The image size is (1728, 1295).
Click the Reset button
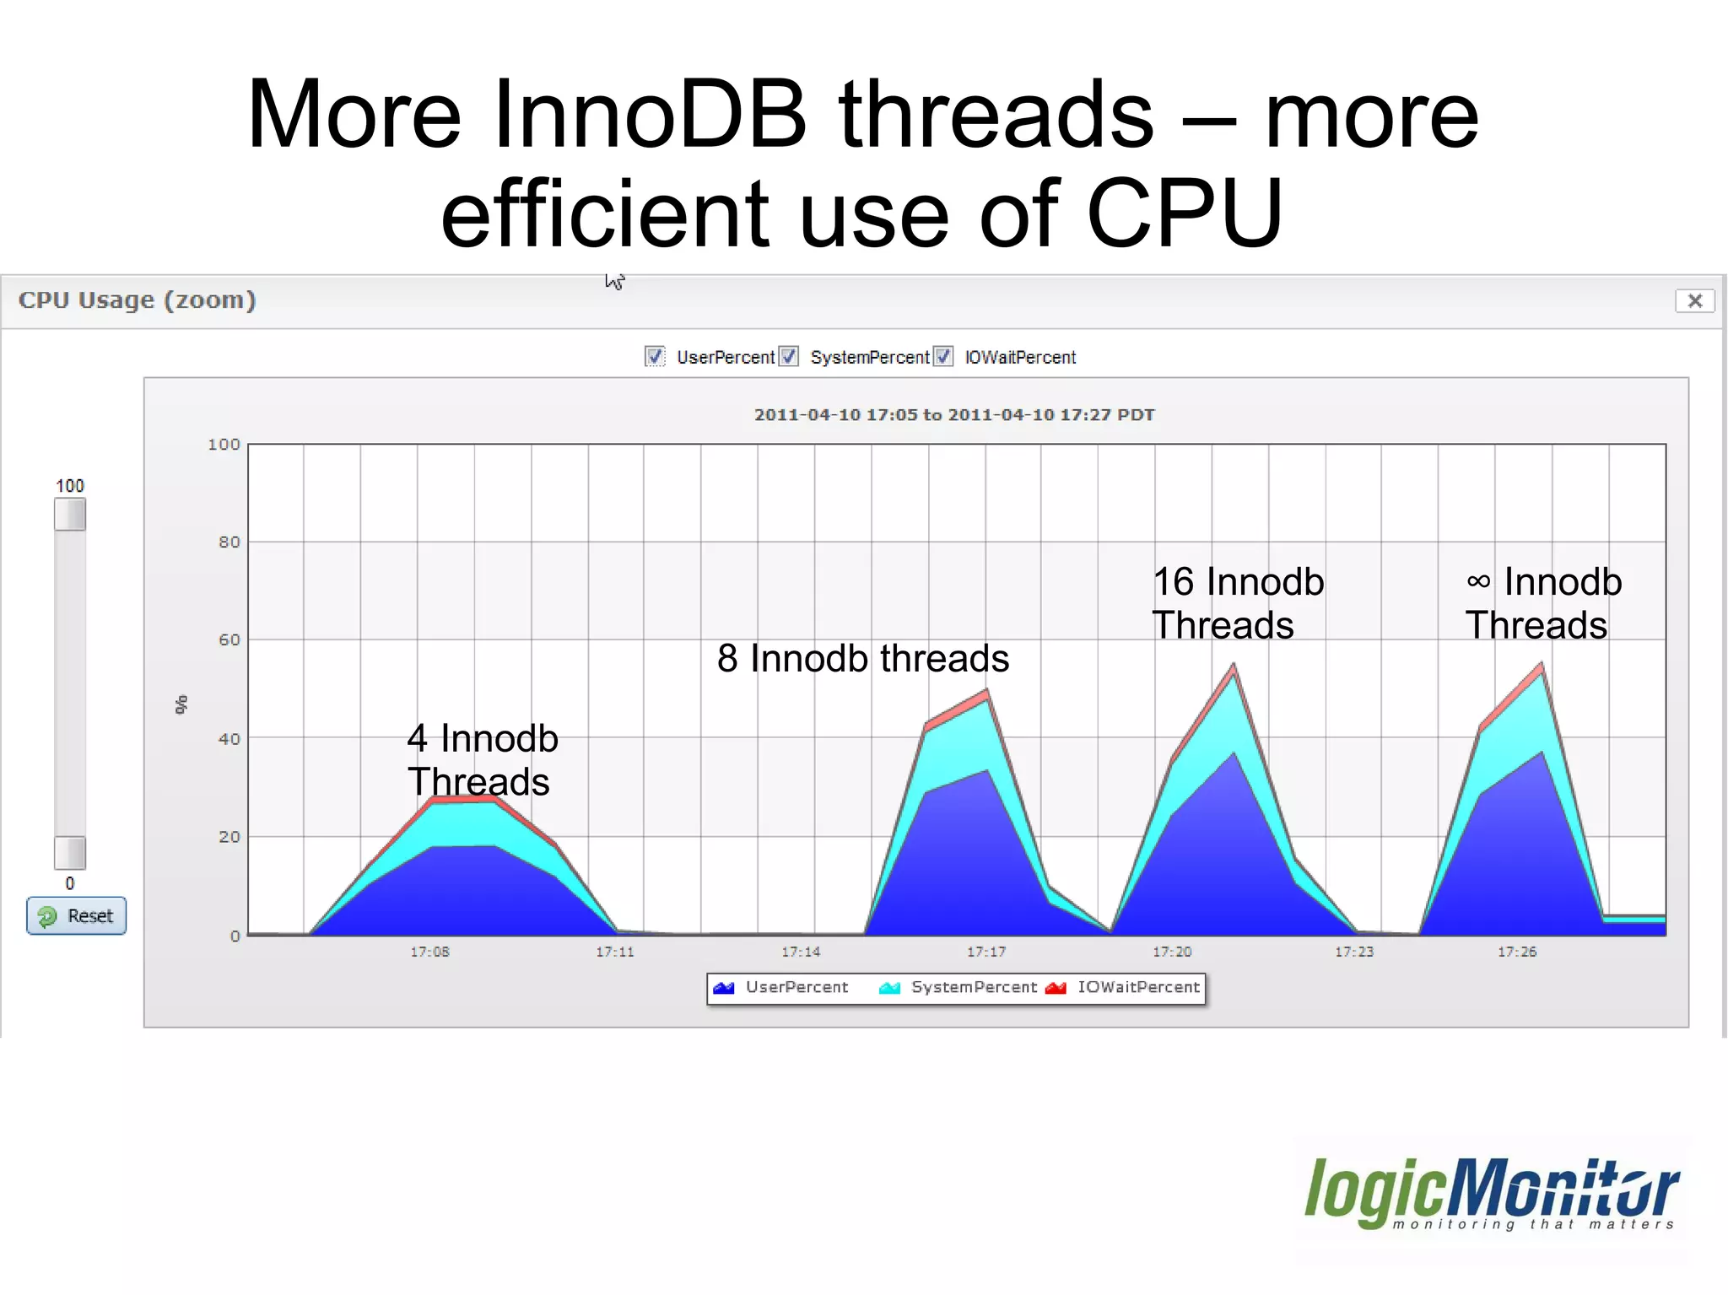click(76, 915)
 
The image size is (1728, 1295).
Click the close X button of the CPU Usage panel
click(1694, 300)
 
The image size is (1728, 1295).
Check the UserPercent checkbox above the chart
click(655, 357)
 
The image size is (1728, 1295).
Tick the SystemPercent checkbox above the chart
click(788, 357)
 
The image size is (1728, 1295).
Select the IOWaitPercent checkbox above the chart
click(943, 357)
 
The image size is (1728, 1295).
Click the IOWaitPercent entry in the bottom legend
click(1123, 988)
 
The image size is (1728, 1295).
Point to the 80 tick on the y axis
click(229, 542)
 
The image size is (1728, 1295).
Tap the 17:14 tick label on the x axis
click(800, 952)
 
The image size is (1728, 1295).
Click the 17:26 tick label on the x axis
click(1516, 952)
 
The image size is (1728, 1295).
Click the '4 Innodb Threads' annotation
click(482, 759)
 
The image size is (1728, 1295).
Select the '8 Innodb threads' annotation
click(862, 658)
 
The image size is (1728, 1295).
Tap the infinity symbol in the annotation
click(1478, 581)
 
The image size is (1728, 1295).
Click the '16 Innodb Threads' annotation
click(1237, 603)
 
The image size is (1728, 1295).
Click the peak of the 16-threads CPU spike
click(1234, 666)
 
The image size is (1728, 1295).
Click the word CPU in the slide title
click(1184, 213)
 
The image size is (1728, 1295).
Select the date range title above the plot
click(953, 414)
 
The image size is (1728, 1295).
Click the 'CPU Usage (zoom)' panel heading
click(137, 300)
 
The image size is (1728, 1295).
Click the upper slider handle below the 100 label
click(70, 515)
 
